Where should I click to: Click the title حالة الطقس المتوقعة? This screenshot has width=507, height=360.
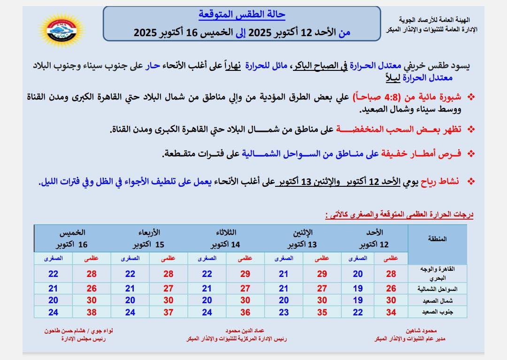[x=242, y=15]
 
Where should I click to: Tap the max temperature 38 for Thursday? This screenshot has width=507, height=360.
[x=91, y=312]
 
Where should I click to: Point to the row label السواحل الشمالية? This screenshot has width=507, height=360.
[x=437, y=289]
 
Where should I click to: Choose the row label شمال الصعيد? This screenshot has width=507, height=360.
[x=437, y=300]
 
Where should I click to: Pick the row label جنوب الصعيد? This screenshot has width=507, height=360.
[x=437, y=312]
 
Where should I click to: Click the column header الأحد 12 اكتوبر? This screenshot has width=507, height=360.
[x=374, y=238]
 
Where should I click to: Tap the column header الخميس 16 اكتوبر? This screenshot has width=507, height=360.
[x=72, y=238]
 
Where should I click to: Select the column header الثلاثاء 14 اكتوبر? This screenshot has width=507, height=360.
[x=226, y=238]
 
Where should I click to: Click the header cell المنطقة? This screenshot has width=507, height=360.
[x=437, y=239]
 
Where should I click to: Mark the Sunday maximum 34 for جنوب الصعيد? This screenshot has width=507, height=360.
[x=391, y=312]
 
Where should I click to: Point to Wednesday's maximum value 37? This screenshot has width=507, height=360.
[x=168, y=312]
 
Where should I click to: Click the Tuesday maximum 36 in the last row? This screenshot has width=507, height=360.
[x=245, y=312]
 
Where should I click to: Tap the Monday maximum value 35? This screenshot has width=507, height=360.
[x=322, y=312]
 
